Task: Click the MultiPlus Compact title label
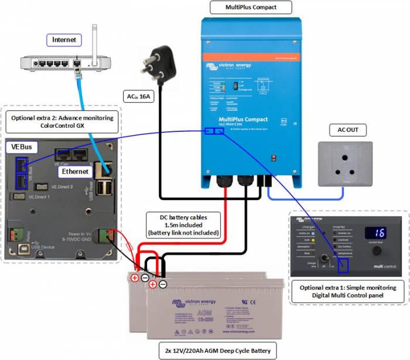click(251, 8)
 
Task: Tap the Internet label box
click(64, 40)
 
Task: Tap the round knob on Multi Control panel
click(375, 250)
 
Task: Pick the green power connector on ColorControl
click(105, 235)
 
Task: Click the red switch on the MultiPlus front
click(274, 158)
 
